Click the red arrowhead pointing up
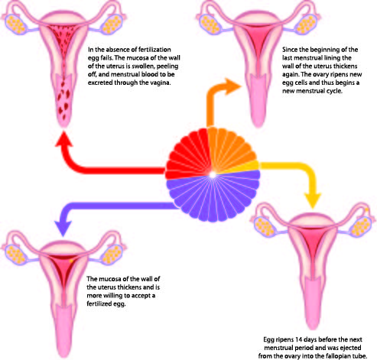[64, 139]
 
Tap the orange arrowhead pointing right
[232, 86]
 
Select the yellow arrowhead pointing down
[313, 201]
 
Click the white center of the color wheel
[213, 175]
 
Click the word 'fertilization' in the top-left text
[154, 50]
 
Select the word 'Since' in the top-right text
[290, 50]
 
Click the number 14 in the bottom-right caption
[298, 339]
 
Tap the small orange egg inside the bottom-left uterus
[72, 261]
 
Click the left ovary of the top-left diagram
[16, 24]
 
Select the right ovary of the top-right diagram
[307, 24]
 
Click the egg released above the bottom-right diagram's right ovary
[367, 209]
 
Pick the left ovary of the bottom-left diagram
[16, 254]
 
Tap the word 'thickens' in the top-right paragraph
[347, 66]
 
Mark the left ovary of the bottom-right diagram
[265, 226]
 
